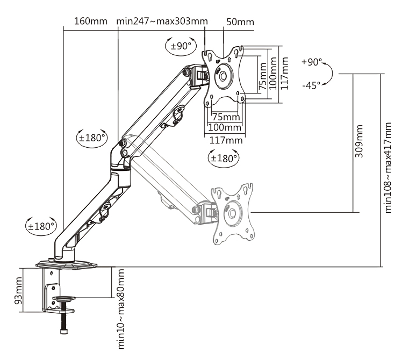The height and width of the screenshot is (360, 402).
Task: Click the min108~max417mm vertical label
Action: [x=389, y=167]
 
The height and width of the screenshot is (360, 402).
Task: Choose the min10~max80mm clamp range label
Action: [x=121, y=308]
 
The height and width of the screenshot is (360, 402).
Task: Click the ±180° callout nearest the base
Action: [x=41, y=226]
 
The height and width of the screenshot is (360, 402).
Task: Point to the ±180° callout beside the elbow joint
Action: [x=92, y=138]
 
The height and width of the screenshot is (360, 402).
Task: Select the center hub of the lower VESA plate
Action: [x=232, y=213]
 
